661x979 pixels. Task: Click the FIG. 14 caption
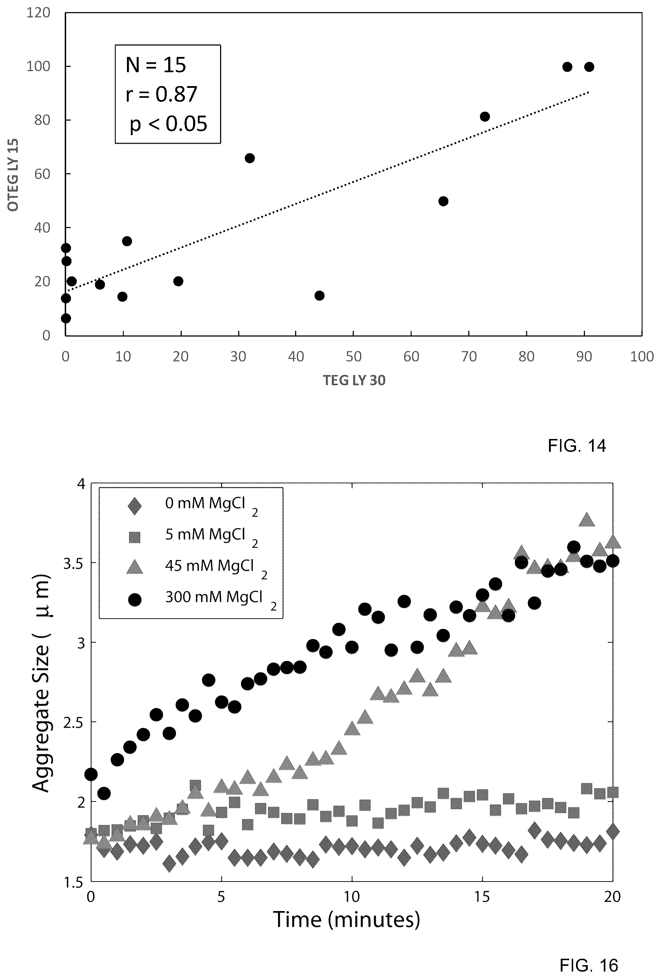point(576,446)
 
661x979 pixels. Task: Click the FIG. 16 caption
point(588,965)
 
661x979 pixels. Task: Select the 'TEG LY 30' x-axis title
point(354,380)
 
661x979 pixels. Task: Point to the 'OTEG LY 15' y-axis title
point(13,174)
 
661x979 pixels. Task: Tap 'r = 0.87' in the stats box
point(161,94)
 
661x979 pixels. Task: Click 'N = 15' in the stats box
point(156,65)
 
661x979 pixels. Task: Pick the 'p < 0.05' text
point(169,124)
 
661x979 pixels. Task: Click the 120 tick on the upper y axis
point(38,13)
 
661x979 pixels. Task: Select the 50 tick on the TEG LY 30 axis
point(354,357)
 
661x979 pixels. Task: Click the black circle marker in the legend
point(135,599)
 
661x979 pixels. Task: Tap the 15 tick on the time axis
point(482,897)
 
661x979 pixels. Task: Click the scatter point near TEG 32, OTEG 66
point(250,158)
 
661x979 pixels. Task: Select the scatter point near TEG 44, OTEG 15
point(320,296)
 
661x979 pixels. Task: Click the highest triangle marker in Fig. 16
point(586,520)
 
